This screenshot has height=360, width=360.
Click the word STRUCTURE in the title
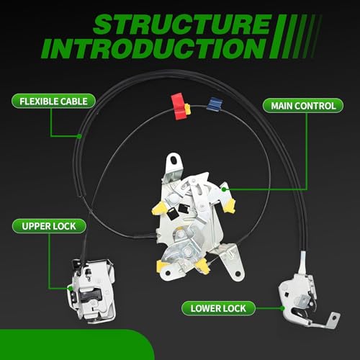(x=182, y=24)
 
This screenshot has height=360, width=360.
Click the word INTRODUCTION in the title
(x=153, y=48)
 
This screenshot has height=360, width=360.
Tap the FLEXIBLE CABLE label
(x=53, y=102)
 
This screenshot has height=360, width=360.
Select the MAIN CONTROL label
(x=303, y=106)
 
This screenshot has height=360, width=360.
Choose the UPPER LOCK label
(x=49, y=226)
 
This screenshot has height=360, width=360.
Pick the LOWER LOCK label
(x=218, y=308)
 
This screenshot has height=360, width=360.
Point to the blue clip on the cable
(x=215, y=104)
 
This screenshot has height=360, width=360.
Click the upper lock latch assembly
(x=91, y=290)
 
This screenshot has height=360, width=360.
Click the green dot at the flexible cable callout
(x=79, y=136)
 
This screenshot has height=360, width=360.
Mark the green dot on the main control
(x=224, y=189)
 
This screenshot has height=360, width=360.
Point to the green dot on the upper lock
(x=70, y=289)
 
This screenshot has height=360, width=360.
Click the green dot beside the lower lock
(x=282, y=308)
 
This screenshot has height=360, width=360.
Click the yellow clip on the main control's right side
(x=229, y=206)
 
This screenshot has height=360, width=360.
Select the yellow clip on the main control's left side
(x=159, y=208)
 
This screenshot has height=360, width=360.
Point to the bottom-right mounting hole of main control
(x=238, y=274)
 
